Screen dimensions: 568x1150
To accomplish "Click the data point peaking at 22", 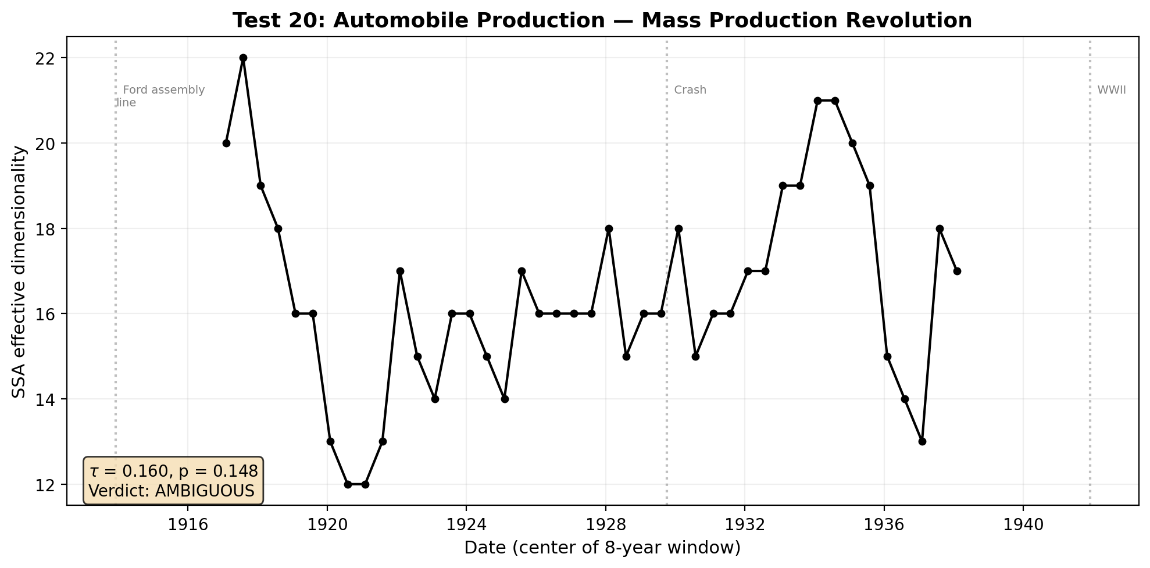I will pos(243,58).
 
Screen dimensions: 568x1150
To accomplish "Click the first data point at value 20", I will pos(226,143).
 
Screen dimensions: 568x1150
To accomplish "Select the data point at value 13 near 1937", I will pos(922,441).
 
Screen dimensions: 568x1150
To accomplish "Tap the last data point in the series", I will pos(957,271).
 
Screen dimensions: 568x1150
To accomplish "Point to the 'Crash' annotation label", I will pos(690,90).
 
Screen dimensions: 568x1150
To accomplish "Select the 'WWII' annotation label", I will pos(1112,90).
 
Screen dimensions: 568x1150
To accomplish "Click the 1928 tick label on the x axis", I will pos(605,525).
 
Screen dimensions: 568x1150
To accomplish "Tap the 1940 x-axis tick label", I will pos(1023,525).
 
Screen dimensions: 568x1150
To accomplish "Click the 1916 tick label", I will pos(187,525).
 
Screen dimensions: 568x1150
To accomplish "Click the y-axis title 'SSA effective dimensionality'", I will pos(19,272).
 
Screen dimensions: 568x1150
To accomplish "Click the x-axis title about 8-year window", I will pos(602,548).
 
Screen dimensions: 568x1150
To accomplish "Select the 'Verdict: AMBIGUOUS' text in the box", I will pos(172,491).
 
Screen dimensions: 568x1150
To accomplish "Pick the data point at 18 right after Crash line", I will pos(678,228).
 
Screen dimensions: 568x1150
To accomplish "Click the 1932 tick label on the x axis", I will pos(745,525).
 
